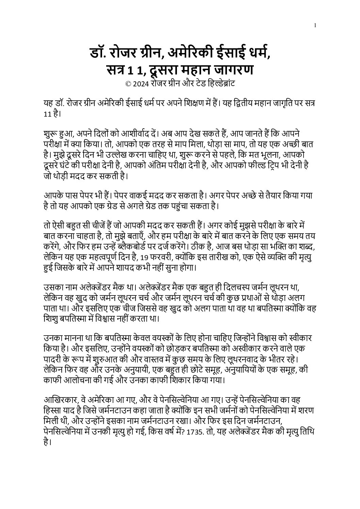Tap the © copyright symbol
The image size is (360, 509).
click(128, 84)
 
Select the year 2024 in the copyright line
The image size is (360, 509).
click(141, 84)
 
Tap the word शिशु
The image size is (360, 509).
click(50, 319)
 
